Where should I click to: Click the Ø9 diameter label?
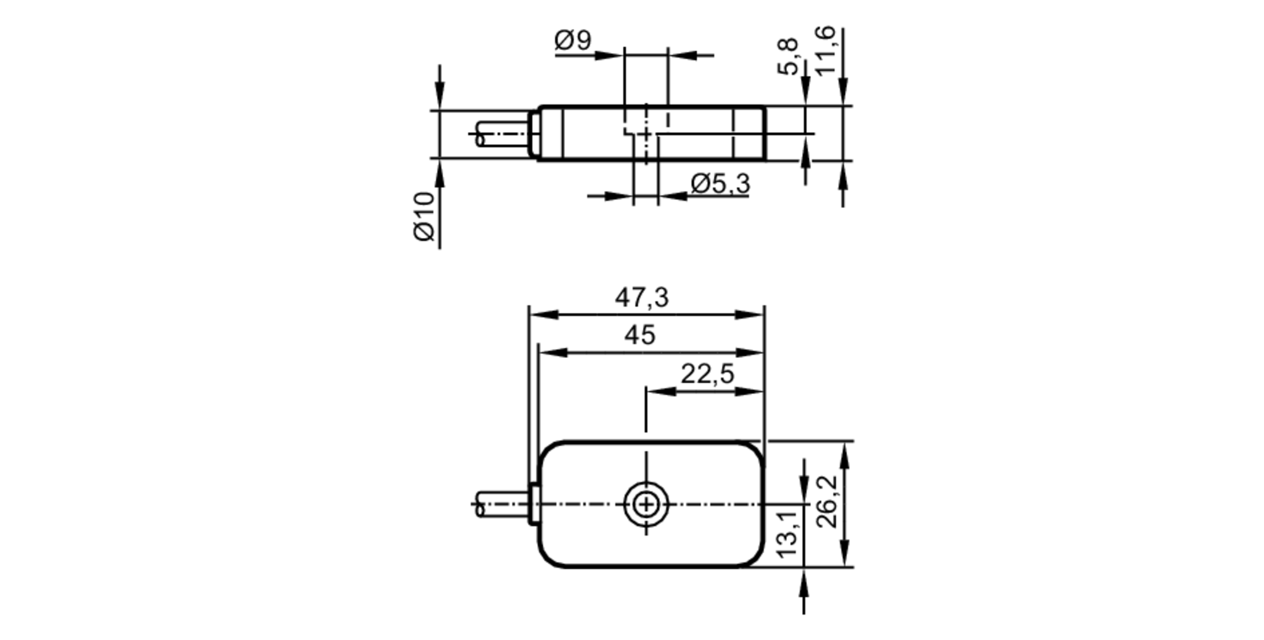tap(573, 40)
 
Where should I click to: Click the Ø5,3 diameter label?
tap(720, 184)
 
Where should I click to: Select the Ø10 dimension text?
tap(425, 216)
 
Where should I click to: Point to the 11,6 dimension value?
tap(825, 51)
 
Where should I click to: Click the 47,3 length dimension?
tap(641, 297)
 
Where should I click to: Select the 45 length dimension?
tap(640, 335)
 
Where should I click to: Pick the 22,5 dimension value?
tap(707, 374)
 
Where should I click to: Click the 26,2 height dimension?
tap(827, 501)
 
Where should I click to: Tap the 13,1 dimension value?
tap(787, 535)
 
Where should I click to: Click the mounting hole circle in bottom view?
tap(646, 505)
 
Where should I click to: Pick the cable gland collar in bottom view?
tap(533, 503)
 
